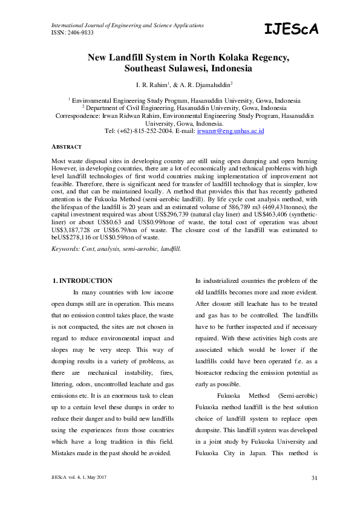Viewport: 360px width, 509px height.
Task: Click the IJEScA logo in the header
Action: (x=291, y=29)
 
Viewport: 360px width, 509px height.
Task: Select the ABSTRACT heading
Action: (x=67, y=147)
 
